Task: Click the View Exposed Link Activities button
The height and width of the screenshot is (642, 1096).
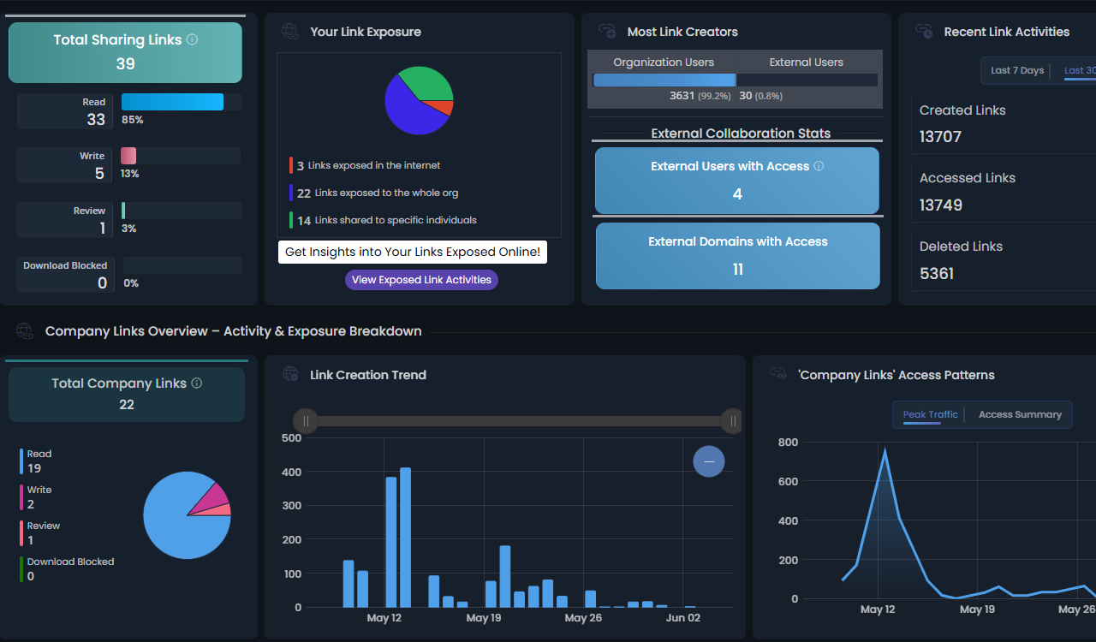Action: [421, 280]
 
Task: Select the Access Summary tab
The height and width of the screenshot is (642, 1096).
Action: [1020, 414]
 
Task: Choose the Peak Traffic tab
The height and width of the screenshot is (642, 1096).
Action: [930, 414]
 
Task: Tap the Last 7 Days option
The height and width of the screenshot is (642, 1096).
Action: [1016, 70]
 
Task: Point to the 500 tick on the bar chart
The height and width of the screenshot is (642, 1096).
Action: [292, 438]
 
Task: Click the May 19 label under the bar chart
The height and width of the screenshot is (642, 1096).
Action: [484, 618]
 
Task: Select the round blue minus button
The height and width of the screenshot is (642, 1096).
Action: [709, 461]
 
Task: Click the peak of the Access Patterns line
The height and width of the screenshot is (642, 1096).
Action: [885, 449]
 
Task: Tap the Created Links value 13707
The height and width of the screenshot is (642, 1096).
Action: [940, 137]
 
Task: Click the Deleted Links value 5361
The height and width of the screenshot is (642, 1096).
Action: [936, 274]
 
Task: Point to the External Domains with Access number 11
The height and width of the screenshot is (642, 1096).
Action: [737, 270]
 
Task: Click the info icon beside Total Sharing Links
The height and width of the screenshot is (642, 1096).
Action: [193, 39]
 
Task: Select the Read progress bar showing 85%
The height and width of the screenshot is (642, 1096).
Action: [173, 102]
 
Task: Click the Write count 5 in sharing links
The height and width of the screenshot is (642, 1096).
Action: [99, 174]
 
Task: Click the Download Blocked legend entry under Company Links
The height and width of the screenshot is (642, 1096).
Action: [70, 562]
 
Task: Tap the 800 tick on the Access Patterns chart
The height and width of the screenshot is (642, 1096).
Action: [788, 443]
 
